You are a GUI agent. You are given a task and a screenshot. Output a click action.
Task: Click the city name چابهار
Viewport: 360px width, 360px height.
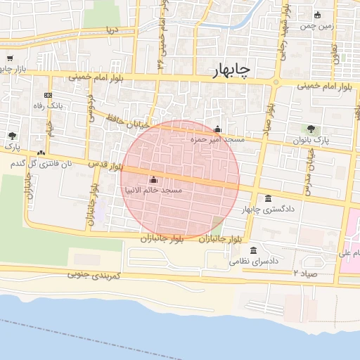(231, 71)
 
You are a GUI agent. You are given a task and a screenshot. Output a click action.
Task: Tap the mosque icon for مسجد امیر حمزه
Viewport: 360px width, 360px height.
(217, 129)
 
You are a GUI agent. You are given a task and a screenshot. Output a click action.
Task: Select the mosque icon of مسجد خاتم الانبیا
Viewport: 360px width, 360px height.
(153, 180)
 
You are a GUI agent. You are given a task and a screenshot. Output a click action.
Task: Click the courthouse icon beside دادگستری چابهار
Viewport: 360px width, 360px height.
(268, 199)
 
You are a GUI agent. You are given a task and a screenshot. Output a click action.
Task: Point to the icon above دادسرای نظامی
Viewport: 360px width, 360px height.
(254, 250)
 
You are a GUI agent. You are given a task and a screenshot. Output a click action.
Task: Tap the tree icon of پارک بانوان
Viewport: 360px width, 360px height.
(311, 129)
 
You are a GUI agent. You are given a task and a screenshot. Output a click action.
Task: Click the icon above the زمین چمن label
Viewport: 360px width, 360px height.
(318, 15)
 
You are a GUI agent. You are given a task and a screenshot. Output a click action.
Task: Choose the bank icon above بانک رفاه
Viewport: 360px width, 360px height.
(48, 95)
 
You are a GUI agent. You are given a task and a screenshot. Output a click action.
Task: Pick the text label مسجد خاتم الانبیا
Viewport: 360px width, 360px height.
(153, 191)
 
